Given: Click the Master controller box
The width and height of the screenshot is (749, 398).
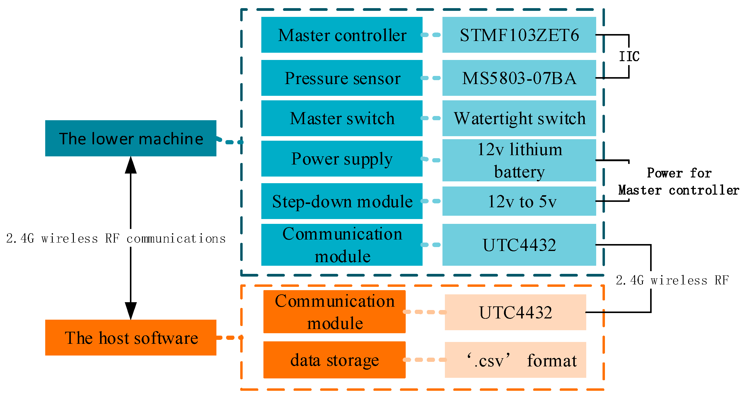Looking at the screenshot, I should point(341,35).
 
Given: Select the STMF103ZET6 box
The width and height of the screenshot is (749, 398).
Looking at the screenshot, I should point(519,35).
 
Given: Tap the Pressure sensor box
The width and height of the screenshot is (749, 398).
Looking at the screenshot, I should point(341,78).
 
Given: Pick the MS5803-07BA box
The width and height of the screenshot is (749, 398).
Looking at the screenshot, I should point(519,78).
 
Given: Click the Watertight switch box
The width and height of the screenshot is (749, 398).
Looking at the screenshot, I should point(519,118).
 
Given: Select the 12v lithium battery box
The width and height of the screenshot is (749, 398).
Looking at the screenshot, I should point(519,160).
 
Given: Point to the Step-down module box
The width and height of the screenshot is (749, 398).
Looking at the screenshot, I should point(341,201).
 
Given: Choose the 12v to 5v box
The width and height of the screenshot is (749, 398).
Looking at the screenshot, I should point(519,201).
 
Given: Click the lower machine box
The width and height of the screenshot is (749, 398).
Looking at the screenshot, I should point(131,138).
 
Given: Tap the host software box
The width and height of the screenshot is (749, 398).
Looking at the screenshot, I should point(131,337).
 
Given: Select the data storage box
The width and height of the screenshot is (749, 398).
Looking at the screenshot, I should point(334,360).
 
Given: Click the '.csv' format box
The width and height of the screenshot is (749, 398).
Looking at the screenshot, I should point(515,360).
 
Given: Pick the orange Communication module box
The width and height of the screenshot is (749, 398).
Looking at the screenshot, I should point(334,312).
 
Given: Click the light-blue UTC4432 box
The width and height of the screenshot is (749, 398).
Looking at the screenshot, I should point(519,245).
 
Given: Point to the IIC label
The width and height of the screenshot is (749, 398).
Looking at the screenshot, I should point(629,56).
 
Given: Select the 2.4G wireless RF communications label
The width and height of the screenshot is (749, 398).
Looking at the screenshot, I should point(116,239).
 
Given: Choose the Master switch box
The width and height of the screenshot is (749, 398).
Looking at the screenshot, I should point(341,118).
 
